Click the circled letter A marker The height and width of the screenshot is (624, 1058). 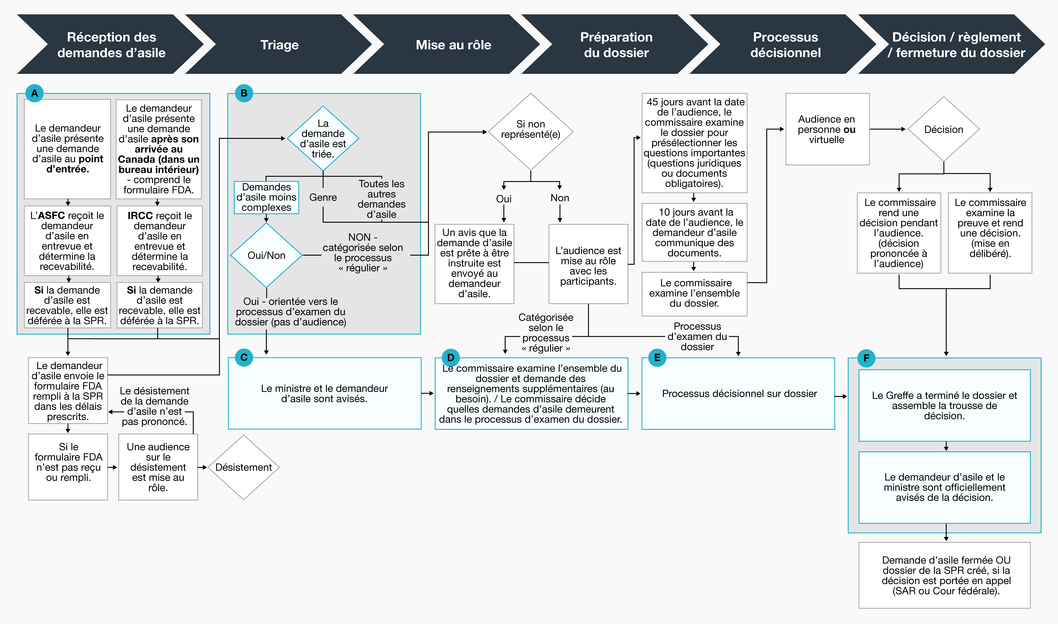pyautogui.click(x=35, y=93)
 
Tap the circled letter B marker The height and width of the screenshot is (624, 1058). pyautogui.click(x=244, y=93)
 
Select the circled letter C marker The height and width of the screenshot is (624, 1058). pyautogui.click(x=244, y=357)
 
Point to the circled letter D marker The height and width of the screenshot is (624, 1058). pyautogui.click(x=451, y=357)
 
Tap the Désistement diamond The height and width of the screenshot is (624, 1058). pyautogui.click(x=244, y=467)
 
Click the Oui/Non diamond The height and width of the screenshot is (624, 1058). pyautogui.click(x=266, y=255)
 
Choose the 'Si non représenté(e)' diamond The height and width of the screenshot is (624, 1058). pyautogui.click(x=531, y=132)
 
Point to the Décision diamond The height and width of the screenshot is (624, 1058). pyautogui.click(x=944, y=129)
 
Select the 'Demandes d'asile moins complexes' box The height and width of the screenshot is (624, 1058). pyautogui.click(x=266, y=197)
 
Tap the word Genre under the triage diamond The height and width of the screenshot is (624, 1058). pyautogui.click(x=323, y=197)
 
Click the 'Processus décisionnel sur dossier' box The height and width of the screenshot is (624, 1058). pyautogui.click(x=738, y=394)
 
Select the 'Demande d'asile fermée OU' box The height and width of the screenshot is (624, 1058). pyautogui.click(x=944, y=575)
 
